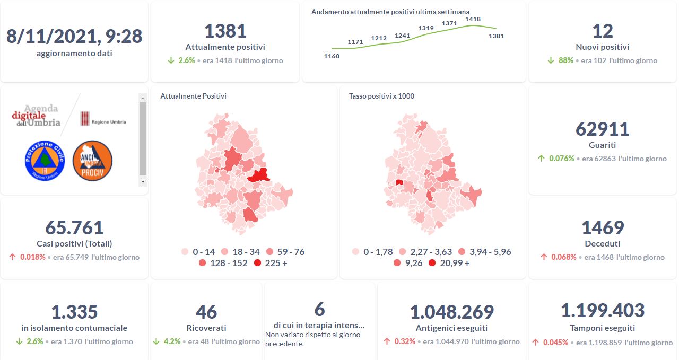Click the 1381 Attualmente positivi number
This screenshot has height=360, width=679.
pyautogui.click(x=225, y=31)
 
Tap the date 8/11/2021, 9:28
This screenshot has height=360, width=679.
pyautogui.click(x=74, y=36)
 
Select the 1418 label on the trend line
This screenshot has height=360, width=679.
pyautogui.click(x=473, y=19)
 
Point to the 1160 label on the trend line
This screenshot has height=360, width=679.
pyautogui.click(x=332, y=56)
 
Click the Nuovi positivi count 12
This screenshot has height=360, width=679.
pyautogui.click(x=602, y=31)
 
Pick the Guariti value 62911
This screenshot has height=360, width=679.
pyautogui.click(x=602, y=129)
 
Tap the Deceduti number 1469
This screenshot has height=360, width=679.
pyautogui.click(x=602, y=227)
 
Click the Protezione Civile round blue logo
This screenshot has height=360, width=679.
pyautogui.click(x=45, y=160)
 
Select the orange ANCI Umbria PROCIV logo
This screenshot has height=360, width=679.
pyautogui.click(x=92, y=160)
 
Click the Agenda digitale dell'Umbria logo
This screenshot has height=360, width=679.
pyautogui.click(x=36, y=116)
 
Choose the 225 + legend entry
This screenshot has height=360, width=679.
pyautogui.click(x=271, y=263)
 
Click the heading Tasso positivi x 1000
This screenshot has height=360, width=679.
pyautogui.click(x=382, y=96)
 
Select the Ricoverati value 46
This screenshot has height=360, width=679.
pyautogui.click(x=206, y=312)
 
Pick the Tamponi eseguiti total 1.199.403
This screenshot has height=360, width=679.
pyautogui.click(x=602, y=311)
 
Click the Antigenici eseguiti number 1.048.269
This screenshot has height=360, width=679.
pyautogui.click(x=452, y=312)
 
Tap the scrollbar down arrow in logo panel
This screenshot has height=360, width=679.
pyautogui.click(x=143, y=181)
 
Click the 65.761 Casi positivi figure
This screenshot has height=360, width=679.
pyautogui.click(x=74, y=227)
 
